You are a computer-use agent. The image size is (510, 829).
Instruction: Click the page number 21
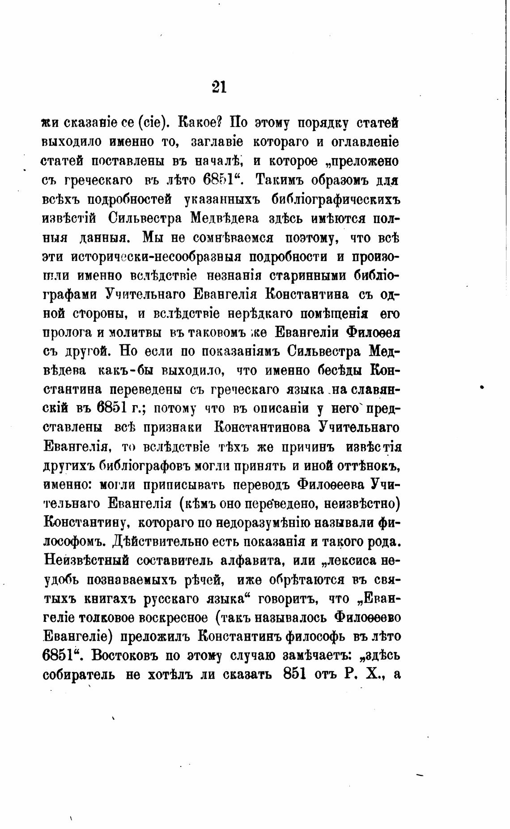click(219, 85)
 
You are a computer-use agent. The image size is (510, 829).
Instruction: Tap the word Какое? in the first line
click(201, 122)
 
